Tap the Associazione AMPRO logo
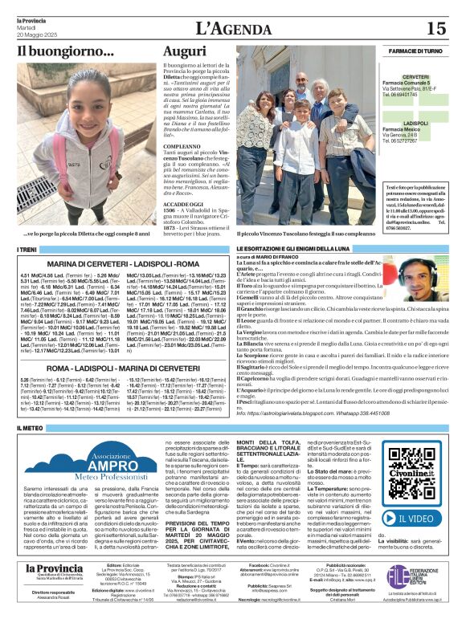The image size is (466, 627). coord(71,463)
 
